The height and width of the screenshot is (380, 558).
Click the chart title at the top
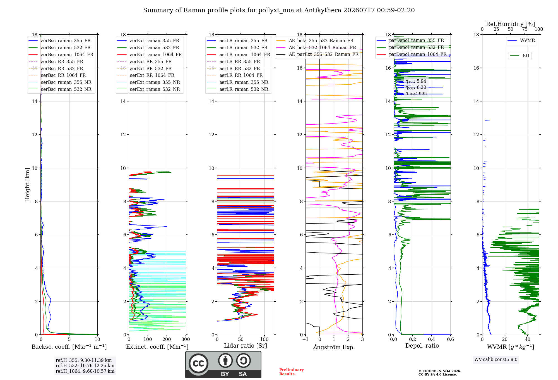279,10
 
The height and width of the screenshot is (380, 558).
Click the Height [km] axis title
27,185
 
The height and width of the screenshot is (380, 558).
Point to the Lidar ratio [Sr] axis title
246,346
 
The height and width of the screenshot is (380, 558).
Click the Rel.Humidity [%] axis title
511,24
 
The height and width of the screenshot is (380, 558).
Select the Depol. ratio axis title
422,346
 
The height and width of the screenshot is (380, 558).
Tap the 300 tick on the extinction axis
186,339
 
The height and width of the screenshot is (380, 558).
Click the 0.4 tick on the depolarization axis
432,339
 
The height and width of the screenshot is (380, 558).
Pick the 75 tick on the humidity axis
525,29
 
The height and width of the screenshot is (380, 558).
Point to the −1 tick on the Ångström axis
305,339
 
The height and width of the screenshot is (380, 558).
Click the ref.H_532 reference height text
85,365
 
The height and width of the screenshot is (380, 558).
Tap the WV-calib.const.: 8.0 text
496,360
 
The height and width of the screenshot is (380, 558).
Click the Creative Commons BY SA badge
223,365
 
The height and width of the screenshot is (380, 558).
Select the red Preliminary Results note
292,372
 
